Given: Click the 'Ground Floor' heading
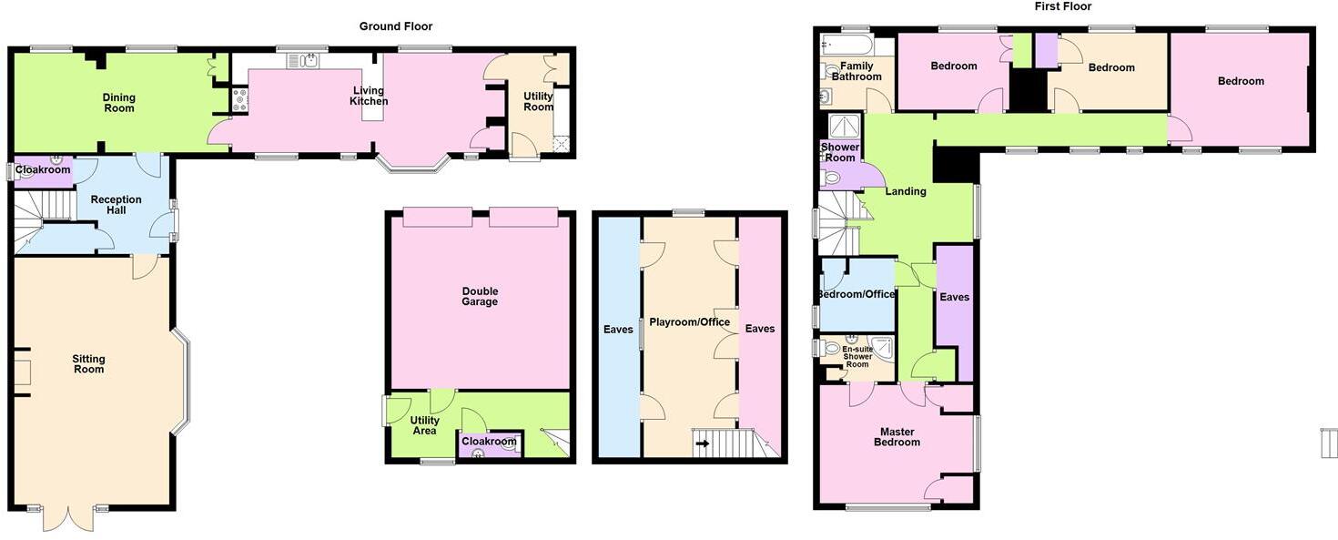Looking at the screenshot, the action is pyautogui.click(x=395, y=26).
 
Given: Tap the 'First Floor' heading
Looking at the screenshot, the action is pyautogui.click(x=1062, y=6).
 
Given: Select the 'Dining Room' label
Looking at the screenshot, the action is pyautogui.click(x=119, y=103).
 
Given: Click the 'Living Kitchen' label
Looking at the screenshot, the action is pyautogui.click(x=369, y=97).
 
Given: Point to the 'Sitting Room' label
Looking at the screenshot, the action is pyautogui.click(x=88, y=363).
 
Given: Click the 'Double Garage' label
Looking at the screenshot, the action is pyautogui.click(x=480, y=296).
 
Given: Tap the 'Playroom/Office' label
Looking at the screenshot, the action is pyautogui.click(x=689, y=322).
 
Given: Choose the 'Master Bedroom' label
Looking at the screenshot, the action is pyautogui.click(x=897, y=437).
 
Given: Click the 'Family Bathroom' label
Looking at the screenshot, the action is pyautogui.click(x=857, y=71).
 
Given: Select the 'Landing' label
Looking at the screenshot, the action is pyautogui.click(x=906, y=191).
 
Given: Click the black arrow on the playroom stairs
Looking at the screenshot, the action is pyautogui.click(x=703, y=443).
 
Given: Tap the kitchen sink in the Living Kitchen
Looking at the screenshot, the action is pyautogui.click(x=303, y=60).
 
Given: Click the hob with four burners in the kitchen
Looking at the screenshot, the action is pyautogui.click(x=240, y=100).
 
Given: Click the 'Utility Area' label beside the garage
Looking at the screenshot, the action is pyautogui.click(x=424, y=425).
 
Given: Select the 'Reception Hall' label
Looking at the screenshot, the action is pyautogui.click(x=116, y=205).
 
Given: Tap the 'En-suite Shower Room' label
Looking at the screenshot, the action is pyautogui.click(x=857, y=357).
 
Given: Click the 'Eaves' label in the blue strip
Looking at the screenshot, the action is pyautogui.click(x=618, y=329).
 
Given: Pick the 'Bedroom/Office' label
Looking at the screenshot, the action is pyautogui.click(x=856, y=294).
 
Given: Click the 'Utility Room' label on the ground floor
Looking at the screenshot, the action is pyautogui.click(x=538, y=102).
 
